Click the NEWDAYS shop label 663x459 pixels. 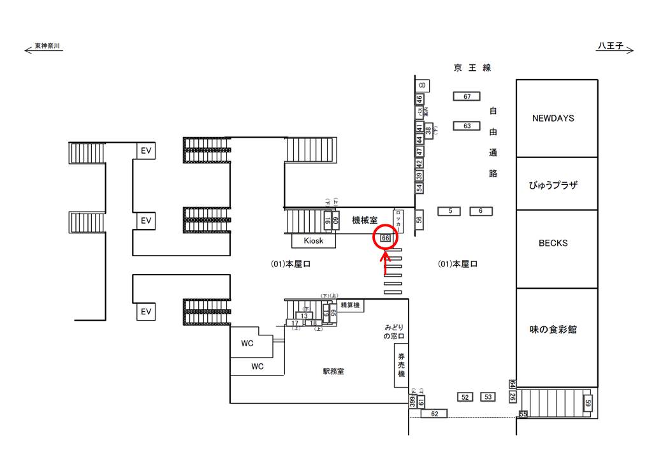tap(553, 118)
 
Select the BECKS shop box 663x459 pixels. tap(553, 243)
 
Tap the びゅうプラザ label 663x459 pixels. tap(553, 185)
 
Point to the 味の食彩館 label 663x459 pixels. tap(553, 330)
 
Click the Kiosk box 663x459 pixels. tap(313, 241)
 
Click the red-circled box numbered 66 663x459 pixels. tap(385, 237)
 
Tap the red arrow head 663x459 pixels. tap(385, 257)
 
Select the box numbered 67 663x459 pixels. tap(467, 96)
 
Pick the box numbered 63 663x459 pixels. tap(467, 126)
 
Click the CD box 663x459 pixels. tap(421, 85)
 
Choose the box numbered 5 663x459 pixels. tap(449, 211)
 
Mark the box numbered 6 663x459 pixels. tap(481, 211)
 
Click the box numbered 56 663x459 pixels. tap(419, 219)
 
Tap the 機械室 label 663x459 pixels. tap(365, 220)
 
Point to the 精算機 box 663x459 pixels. tap(350, 305)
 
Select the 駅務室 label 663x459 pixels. tap(333, 372)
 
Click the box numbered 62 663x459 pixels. tap(434, 414)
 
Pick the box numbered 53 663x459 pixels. tap(488, 397)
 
